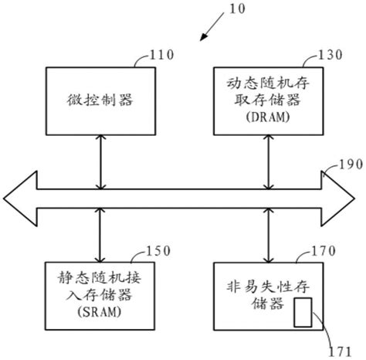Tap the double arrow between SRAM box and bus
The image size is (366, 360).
point(99,236)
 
